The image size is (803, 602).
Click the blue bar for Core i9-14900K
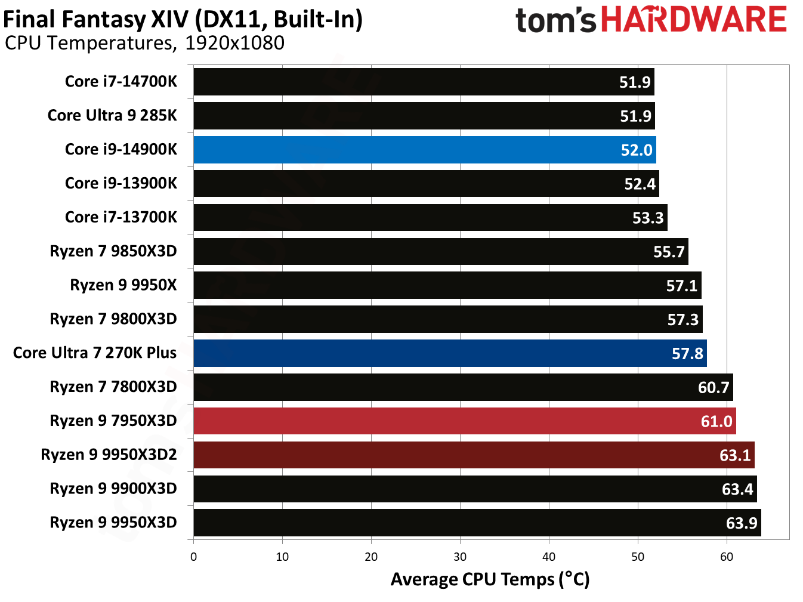424,150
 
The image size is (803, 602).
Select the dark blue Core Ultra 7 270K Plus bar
447,353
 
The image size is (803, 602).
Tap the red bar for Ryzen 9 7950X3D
462,421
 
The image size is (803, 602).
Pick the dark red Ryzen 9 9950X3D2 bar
471,455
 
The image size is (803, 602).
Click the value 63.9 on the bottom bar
741,523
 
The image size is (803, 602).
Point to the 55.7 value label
669,252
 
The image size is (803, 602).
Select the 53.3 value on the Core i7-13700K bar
648,218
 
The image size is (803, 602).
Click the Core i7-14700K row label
121,82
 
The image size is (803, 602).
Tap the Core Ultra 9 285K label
112,116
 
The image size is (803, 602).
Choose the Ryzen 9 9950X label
123,285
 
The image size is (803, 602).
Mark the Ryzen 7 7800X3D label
113,387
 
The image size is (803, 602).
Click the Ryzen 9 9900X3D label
113,489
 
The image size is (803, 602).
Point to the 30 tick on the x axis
460,557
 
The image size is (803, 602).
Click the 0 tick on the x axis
193,557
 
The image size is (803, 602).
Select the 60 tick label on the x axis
727,557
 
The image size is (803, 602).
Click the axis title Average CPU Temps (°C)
490,579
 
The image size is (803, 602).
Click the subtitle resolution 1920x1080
234,43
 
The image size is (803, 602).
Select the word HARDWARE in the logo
693,20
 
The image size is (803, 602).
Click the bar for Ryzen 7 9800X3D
447,319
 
